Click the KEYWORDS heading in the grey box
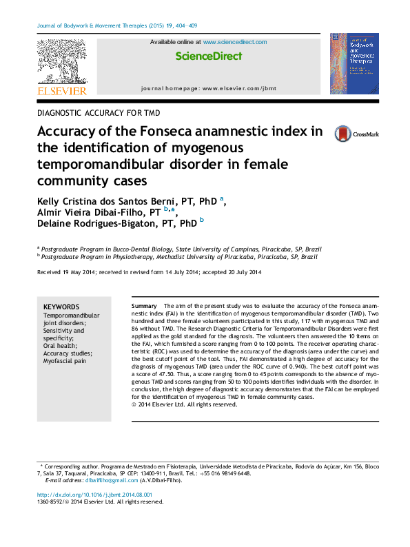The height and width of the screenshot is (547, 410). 61,307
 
